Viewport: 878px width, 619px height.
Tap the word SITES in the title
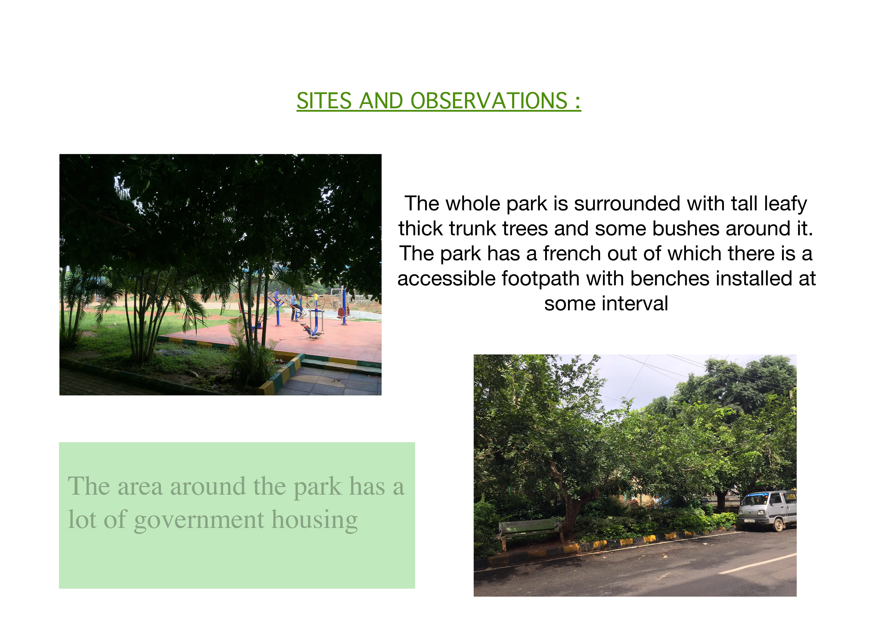324,101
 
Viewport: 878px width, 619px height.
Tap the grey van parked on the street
767,510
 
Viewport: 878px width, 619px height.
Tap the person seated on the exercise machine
294,307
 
